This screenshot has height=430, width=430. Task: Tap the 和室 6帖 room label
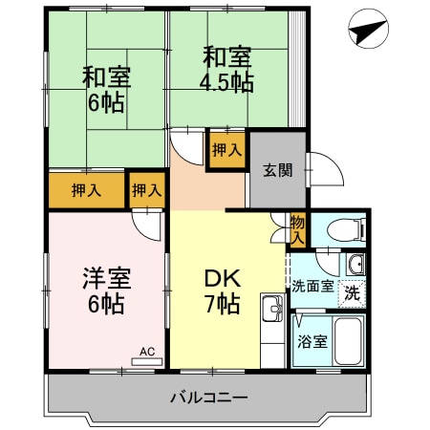pyautogui.click(x=106, y=89)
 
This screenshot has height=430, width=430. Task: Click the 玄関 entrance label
pyautogui.click(x=278, y=170)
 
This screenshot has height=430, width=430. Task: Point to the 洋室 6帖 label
pyautogui.click(x=106, y=291)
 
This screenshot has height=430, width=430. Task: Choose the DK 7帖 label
pyautogui.click(x=222, y=291)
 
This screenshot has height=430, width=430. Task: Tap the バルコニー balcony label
pyautogui.click(x=209, y=397)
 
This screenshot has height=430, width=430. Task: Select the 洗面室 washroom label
pyautogui.click(x=312, y=286)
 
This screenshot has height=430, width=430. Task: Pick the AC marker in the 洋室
pyautogui.click(x=147, y=352)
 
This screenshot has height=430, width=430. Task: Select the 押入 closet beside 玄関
pyautogui.click(x=226, y=150)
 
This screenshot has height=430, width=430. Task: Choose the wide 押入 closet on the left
pyautogui.click(x=86, y=190)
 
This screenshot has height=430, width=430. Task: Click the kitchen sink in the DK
pyautogui.click(x=270, y=309)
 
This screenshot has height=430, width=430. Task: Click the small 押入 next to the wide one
pyautogui.click(x=146, y=190)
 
